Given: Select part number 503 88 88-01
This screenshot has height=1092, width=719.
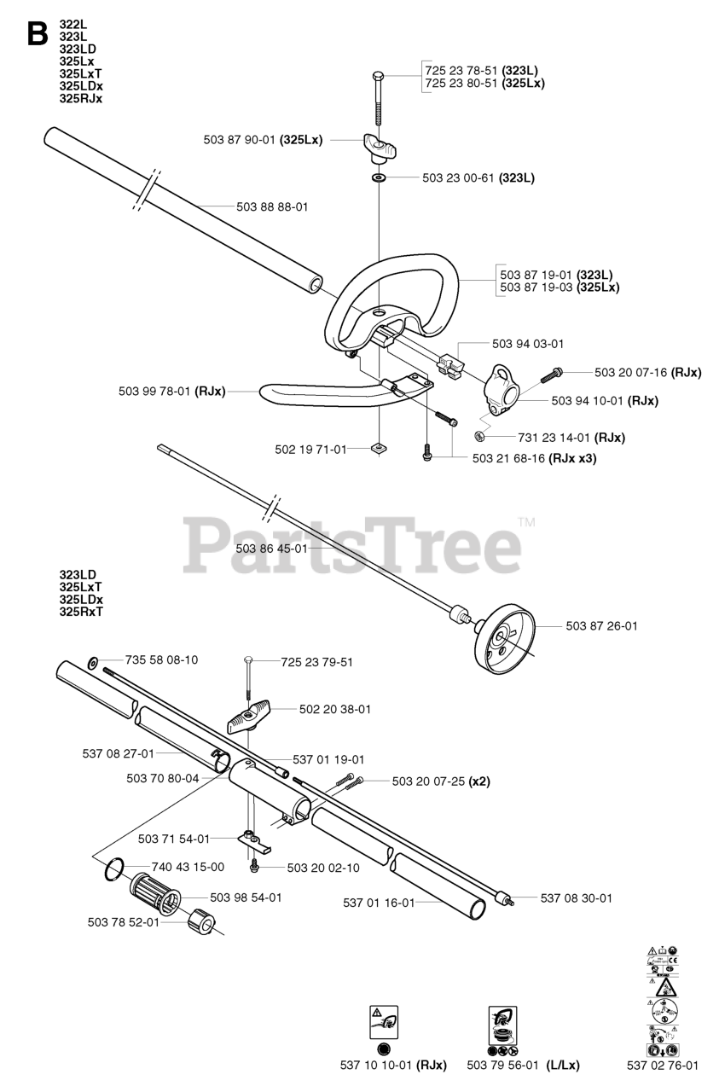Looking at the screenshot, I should [x=272, y=206].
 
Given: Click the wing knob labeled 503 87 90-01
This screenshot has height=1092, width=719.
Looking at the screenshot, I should [x=377, y=148].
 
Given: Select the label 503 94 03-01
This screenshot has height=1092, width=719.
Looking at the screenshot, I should [x=528, y=343].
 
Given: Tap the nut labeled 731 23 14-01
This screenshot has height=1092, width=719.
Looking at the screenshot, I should [x=480, y=437].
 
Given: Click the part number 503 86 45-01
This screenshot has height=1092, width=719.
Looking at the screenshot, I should [x=271, y=549].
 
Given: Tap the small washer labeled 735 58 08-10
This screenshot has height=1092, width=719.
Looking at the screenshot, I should [x=92, y=662].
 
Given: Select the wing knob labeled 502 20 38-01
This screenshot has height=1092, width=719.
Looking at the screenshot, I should [x=249, y=715].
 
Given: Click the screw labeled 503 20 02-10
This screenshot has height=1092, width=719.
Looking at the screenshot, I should [x=254, y=868].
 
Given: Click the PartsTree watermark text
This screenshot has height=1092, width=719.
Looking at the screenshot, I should [x=351, y=546].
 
